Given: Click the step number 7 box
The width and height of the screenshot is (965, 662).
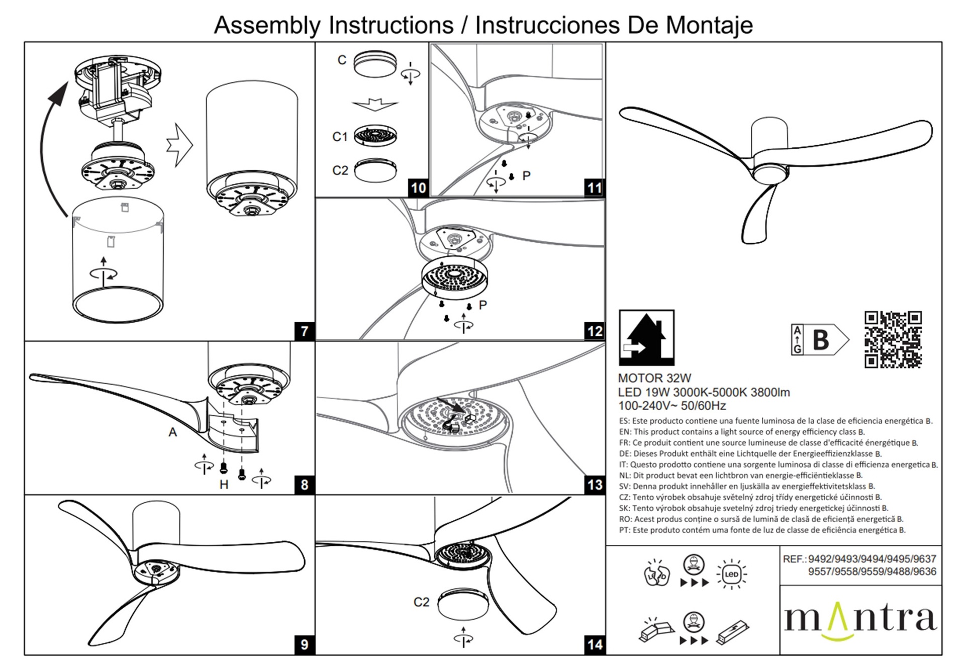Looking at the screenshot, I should click(x=305, y=331).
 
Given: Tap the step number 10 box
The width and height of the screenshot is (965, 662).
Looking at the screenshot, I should click(x=418, y=188).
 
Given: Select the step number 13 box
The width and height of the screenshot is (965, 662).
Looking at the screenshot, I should click(x=595, y=485).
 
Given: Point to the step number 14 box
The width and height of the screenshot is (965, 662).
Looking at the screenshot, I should click(x=595, y=644).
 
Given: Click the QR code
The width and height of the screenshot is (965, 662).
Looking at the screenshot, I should click(x=893, y=339).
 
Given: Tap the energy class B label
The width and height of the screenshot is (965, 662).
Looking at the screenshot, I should click(x=820, y=340).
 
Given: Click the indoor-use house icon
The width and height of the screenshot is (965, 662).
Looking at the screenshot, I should click(x=646, y=337).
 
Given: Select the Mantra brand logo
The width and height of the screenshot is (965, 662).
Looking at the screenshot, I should click(x=860, y=619).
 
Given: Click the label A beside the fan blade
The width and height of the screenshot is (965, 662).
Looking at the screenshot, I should click(x=173, y=432).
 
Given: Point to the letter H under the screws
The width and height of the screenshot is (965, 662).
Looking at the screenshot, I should click(x=224, y=485).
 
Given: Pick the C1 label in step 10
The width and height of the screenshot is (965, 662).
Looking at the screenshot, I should click(x=340, y=137).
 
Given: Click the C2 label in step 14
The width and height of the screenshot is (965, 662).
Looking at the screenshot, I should click(x=421, y=602).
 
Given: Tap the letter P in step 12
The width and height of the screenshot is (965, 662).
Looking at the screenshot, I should click(x=483, y=305).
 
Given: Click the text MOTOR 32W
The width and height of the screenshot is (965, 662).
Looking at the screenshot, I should click(x=654, y=379).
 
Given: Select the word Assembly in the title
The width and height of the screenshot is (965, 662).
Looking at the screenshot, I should click(x=267, y=25).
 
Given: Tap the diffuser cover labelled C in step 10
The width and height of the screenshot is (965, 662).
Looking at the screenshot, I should click(x=375, y=64).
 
